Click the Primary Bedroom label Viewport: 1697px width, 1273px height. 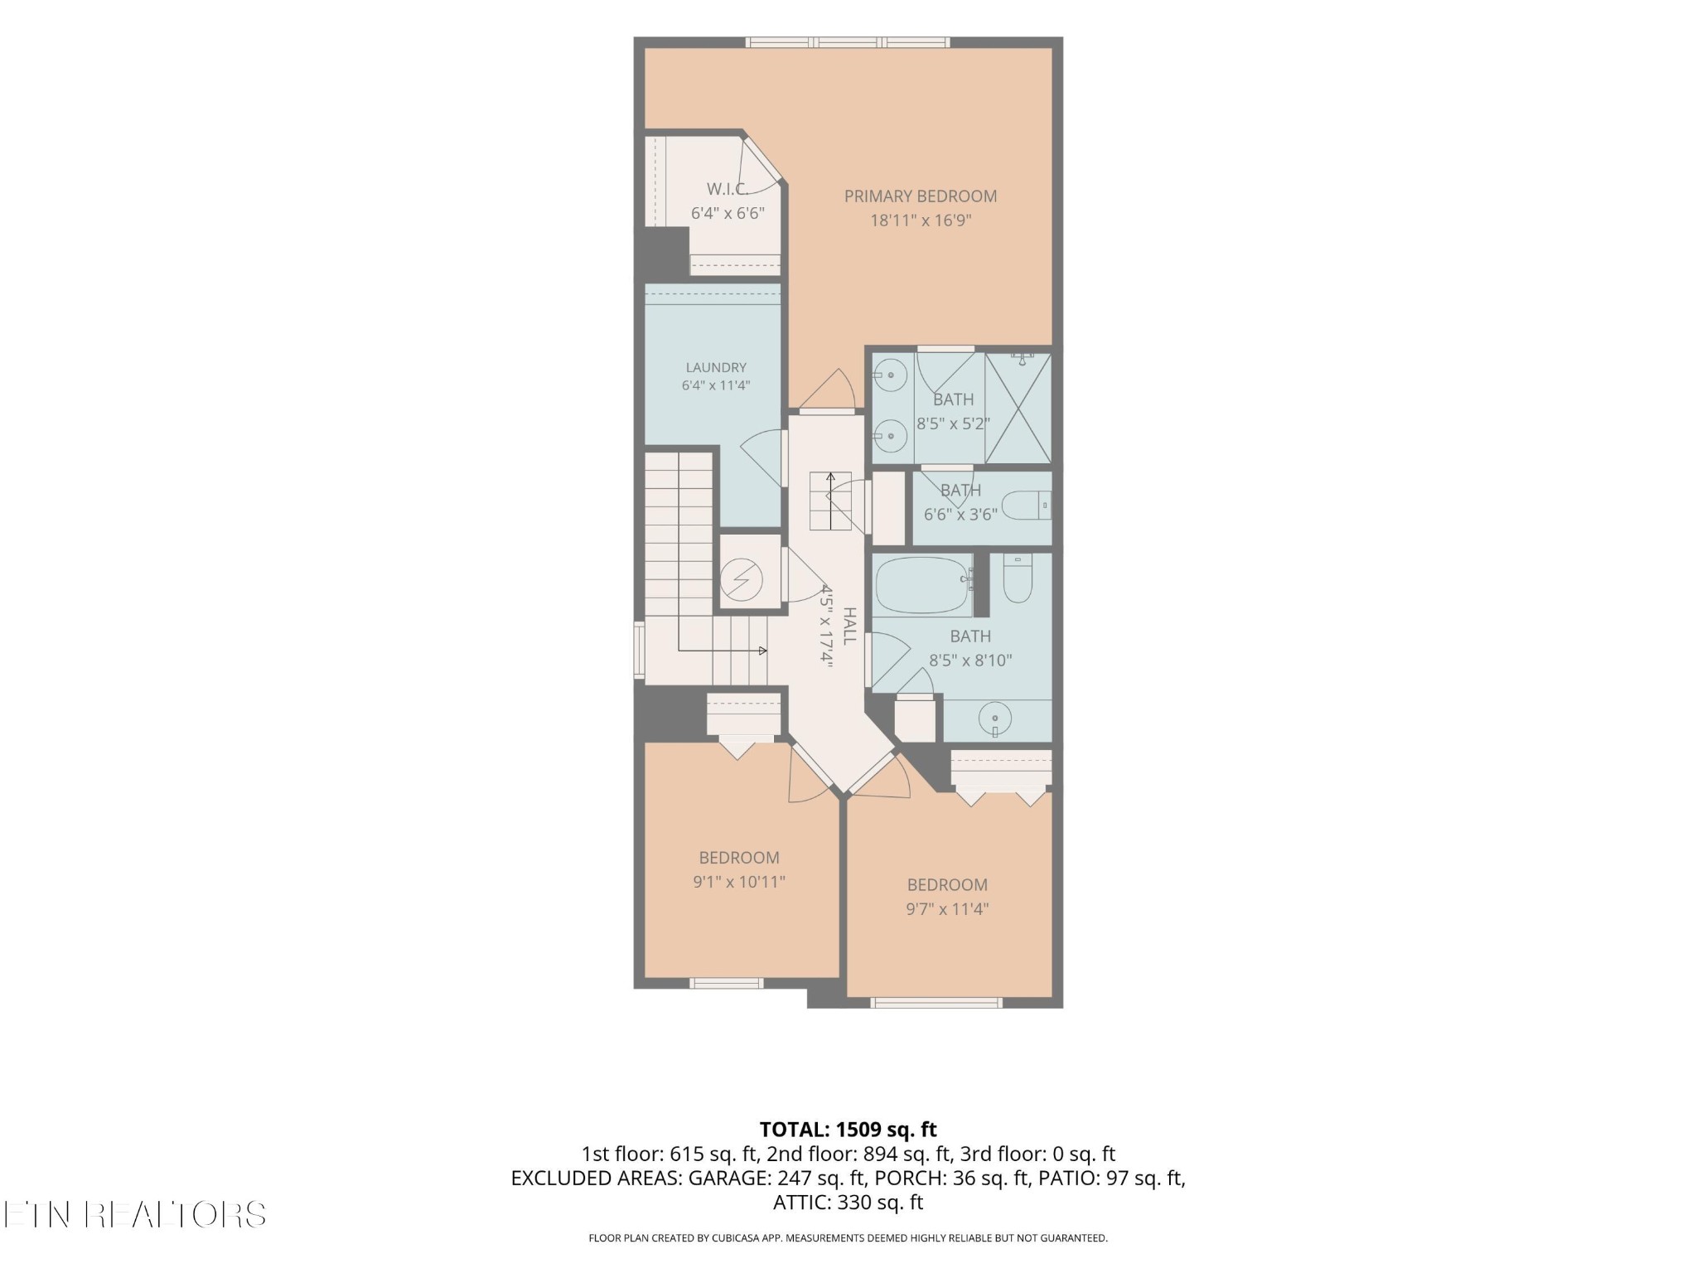pos(920,196)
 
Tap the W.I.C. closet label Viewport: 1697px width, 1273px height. pos(728,189)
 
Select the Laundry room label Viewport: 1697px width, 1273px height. pos(716,367)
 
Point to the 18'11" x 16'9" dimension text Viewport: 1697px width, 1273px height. pos(920,220)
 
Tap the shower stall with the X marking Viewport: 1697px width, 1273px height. pos(1018,408)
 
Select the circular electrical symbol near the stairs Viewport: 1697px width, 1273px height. pos(741,581)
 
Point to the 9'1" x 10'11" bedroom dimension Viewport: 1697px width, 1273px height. pos(739,882)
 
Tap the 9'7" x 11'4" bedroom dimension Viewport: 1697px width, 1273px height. pos(947,908)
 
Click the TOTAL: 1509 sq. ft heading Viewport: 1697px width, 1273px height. pos(848,1129)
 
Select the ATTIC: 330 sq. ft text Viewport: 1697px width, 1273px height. pos(848,1202)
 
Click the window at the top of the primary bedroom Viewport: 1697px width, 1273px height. pos(847,42)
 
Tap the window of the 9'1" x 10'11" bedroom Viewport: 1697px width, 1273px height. pos(727,983)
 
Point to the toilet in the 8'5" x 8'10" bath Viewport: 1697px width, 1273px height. pos(1018,578)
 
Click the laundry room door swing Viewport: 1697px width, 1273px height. pos(761,458)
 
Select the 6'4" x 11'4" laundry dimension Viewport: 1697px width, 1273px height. pos(716,385)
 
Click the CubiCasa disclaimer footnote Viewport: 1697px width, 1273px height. pos(848,1238)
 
